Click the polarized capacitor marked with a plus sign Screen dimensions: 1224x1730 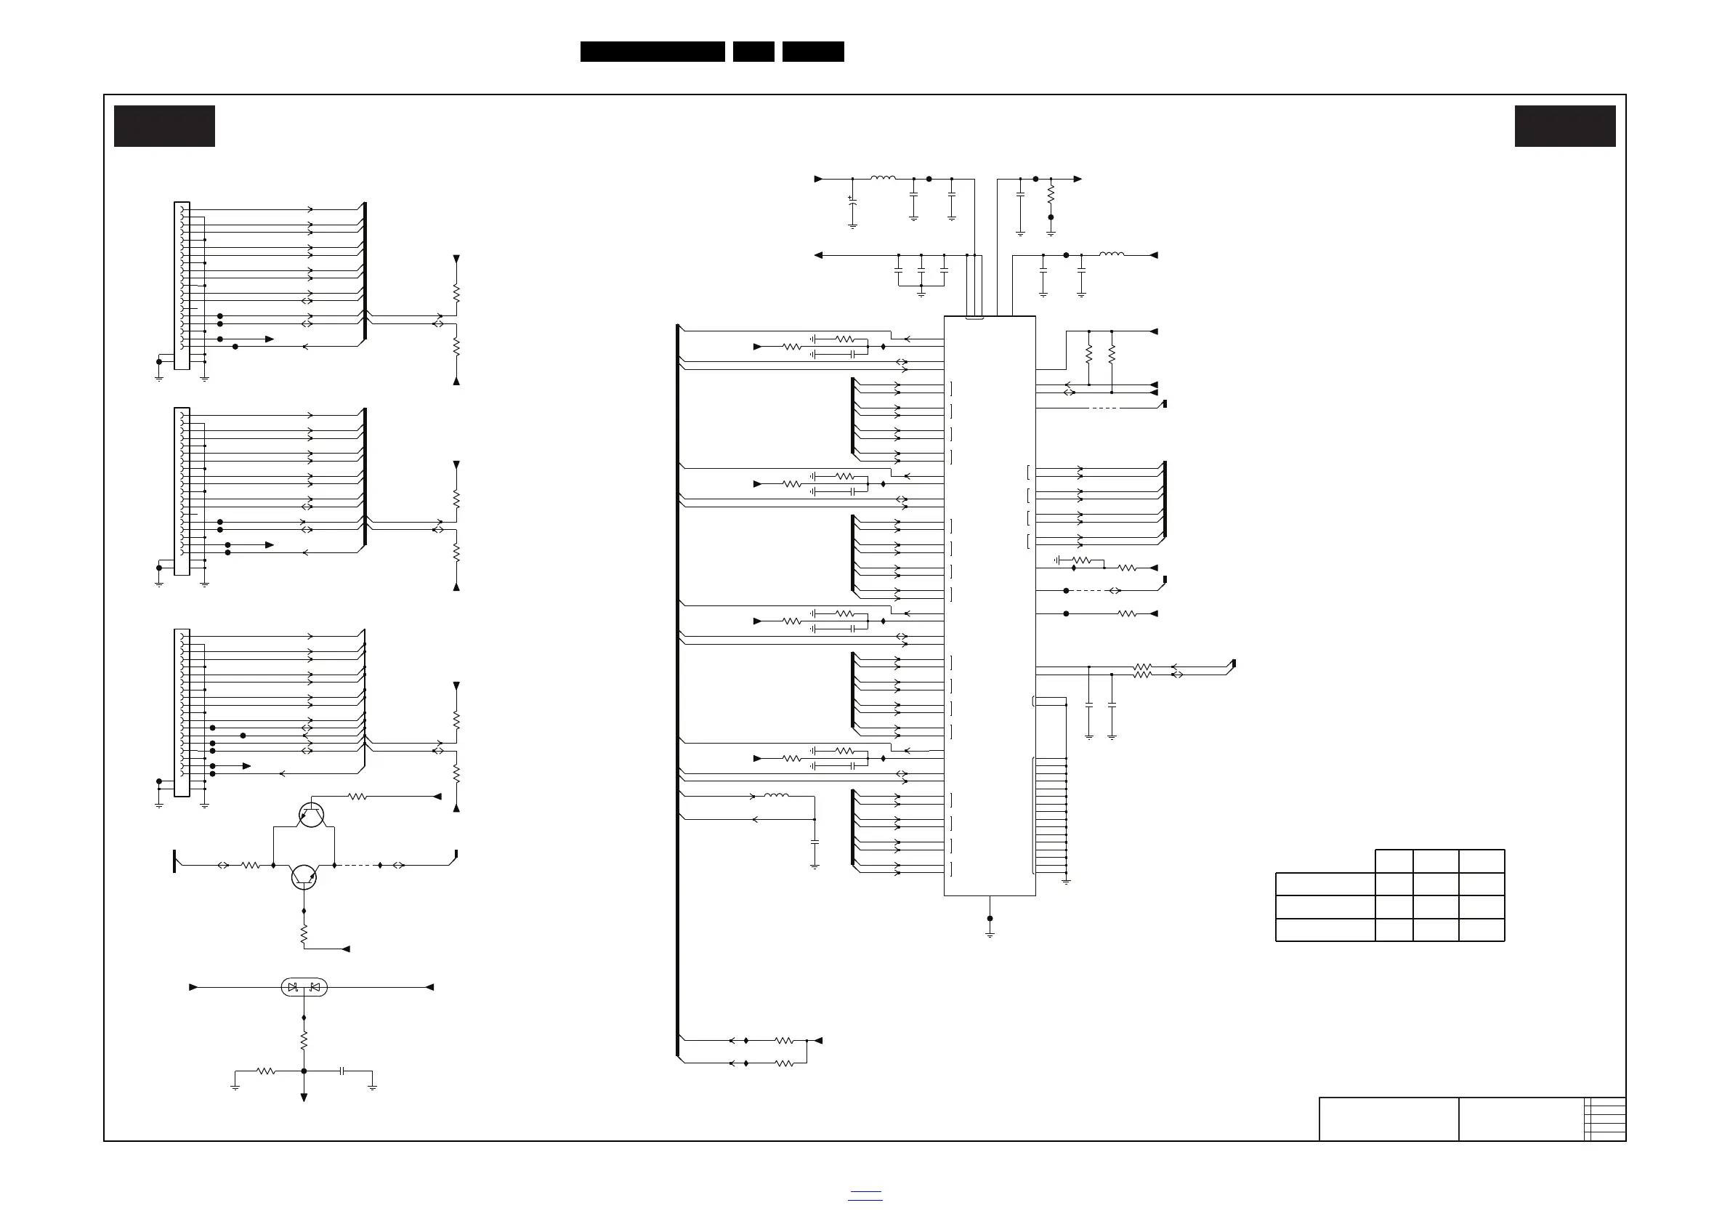tap(852, 201)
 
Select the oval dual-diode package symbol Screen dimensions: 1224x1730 tap(304, 986)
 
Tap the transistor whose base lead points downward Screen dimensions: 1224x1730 tap(304, 877)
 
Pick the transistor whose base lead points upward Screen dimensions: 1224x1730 tap(310, 814)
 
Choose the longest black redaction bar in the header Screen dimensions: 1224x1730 tap(652, 52)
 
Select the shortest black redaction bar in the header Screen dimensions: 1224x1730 tap(753, 52)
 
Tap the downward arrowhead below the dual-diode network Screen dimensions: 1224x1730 tap(304, 1098)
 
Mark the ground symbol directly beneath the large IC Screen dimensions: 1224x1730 tap(990, 934)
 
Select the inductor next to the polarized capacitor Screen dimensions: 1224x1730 tap(883, 179)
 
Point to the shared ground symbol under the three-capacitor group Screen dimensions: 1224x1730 tap(921, 294)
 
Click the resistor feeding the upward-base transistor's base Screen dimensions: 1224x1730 tap(357, 797)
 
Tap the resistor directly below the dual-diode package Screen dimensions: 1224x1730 tap(304, 1041)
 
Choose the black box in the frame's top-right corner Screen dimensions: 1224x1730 tap(1565, 126)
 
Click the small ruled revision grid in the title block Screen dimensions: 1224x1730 tap(1605, 1119)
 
